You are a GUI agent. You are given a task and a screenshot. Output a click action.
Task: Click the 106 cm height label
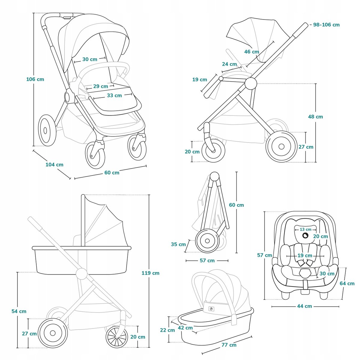pyautogui.click(x=35, y=79)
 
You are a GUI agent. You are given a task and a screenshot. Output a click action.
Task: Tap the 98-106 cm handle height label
pyautogui.click(x=326, y=25)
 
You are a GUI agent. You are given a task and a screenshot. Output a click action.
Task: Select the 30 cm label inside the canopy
pyautogui.click(x=90, y=59)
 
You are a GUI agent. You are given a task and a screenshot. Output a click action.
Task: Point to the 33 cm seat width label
pyautogui.click(x=114, y=95)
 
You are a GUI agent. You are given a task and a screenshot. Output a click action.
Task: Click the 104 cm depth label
pyautogui.click(x=54, y=164)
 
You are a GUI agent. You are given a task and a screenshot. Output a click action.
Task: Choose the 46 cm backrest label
pyautogui.click(x=251, y=52)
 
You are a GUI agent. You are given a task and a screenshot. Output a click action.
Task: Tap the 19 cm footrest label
pyautogui.click(x=199, y=79)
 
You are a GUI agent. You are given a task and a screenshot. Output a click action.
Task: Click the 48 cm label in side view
pyautogui.click(x=316, y=116)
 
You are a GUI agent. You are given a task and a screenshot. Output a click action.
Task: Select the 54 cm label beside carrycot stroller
pyautogui.click(x=19, y=311)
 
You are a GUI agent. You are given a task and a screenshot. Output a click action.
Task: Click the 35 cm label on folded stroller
pyautogui.click(x=178, y=244)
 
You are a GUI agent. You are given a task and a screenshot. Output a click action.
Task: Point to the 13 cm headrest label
pyautogui.click(x=305, y=229)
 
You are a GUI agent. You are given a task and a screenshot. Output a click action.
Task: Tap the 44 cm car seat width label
pyautogui.click(x=304, y=306)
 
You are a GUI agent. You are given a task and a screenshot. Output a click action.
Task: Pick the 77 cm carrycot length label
pyautogui.click(x=229, y=345)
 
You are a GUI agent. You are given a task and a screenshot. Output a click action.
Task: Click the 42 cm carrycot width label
pyautogui.click(x=185, y=328)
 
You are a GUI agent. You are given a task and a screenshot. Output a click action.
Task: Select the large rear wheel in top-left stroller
pyautogui.click(x=47, y=130)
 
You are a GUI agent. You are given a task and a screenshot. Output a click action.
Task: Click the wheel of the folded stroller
pyautogui.click(x=207, y=241)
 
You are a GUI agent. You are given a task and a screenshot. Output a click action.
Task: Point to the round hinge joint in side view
pyautogui.click(x=251, y=83)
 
